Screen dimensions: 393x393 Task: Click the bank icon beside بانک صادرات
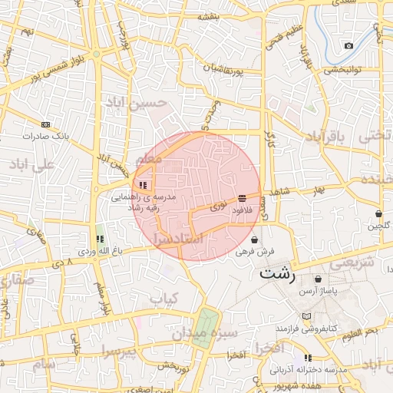pos(45,124)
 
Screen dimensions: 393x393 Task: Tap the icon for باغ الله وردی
pos(99,239)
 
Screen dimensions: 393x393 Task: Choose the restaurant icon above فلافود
pos(242,198)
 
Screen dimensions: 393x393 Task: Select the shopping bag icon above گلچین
pos(378,213)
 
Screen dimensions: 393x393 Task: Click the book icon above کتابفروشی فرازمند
pos(307,317)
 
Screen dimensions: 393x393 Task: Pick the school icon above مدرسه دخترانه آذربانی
pos(308,358)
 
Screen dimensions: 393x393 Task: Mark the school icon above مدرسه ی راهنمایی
pos(143,185)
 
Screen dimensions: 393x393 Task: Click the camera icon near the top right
pos(349,45)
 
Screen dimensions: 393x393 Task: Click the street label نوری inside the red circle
pos(218,207)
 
